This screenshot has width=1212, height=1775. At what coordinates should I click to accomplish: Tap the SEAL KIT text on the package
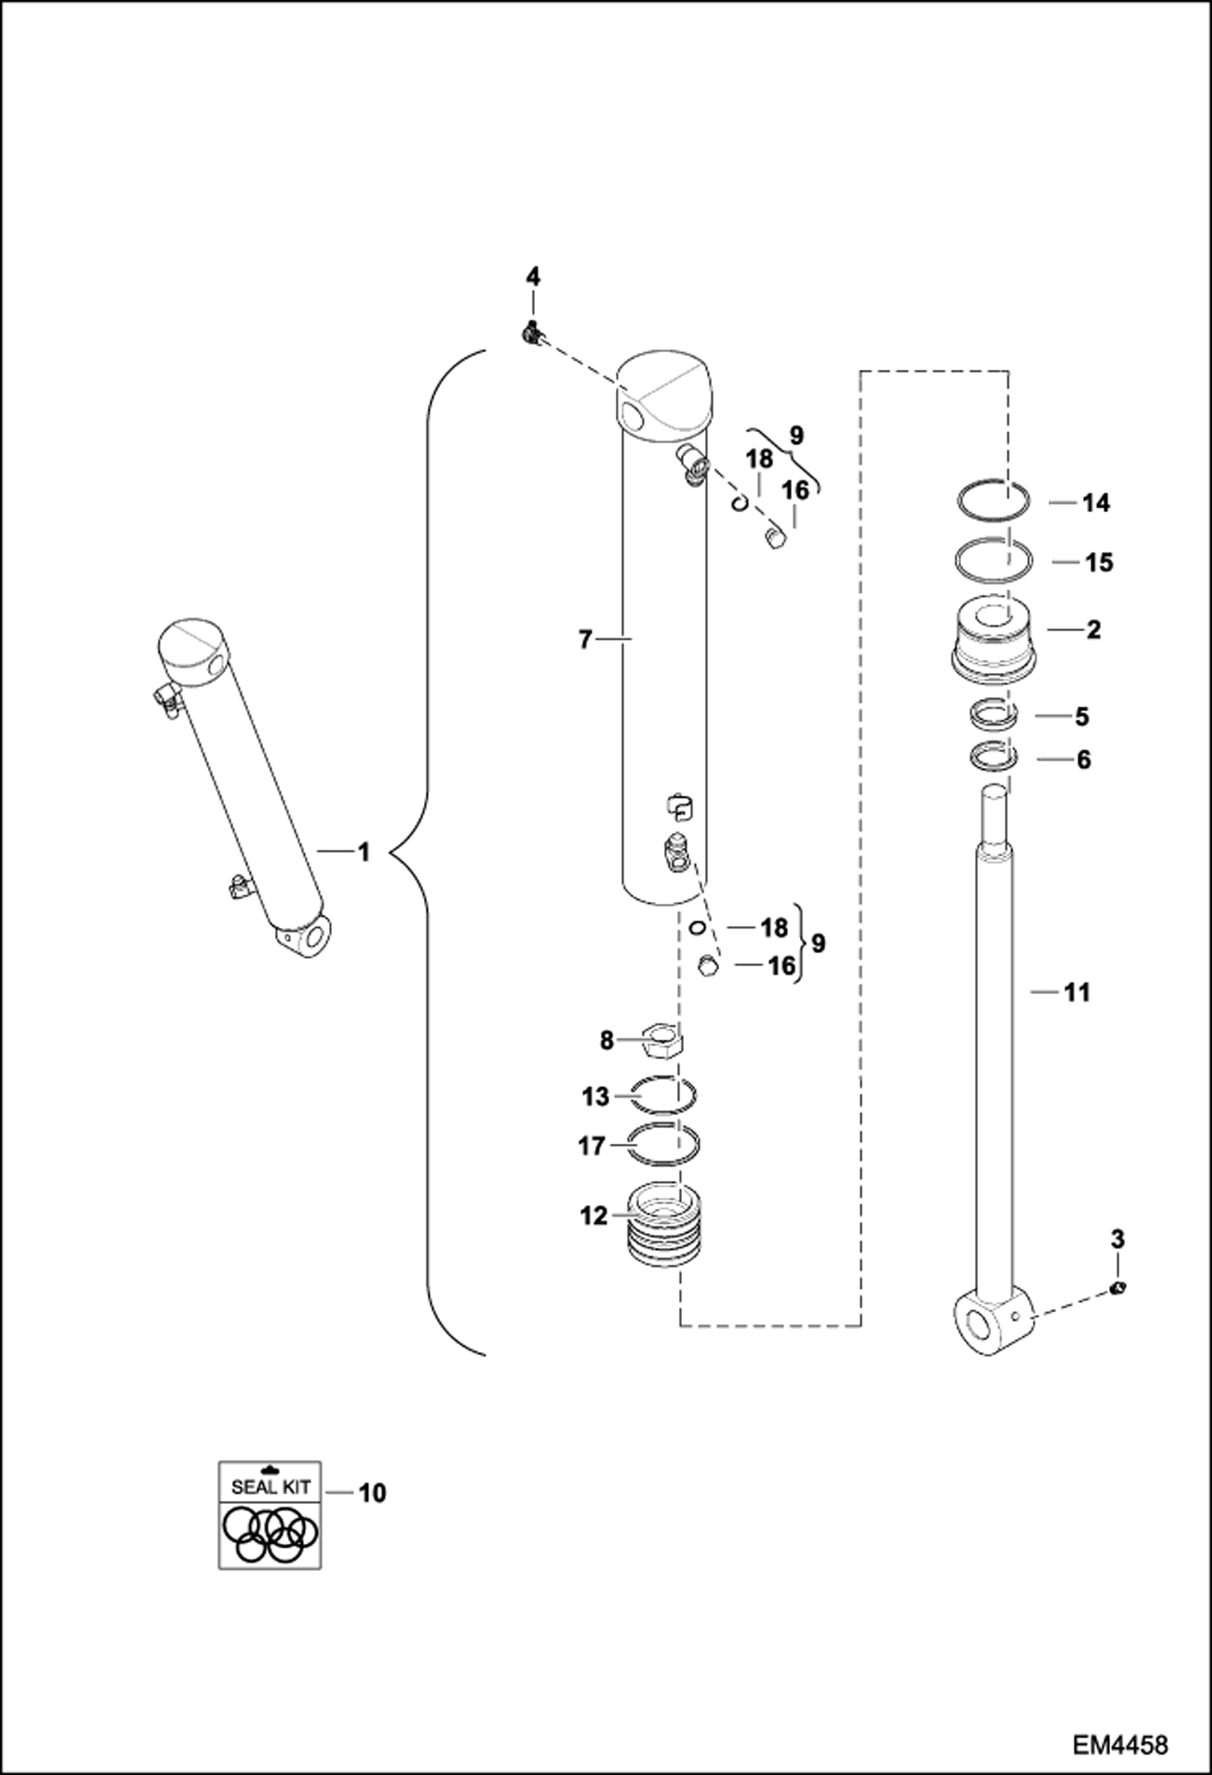click(x=269, y=1486)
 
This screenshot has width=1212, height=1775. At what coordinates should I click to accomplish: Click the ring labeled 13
click(x=663, y=1096)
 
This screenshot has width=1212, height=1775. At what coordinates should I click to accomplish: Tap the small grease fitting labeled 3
click(x=1119, y=1288)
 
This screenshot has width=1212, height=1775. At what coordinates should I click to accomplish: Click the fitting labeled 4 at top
click(x=532, y=331)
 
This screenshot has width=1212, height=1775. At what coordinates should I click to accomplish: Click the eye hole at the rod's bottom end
click(x=981, y=1328)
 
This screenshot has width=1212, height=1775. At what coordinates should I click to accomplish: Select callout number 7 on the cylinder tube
click(x=587, y=640)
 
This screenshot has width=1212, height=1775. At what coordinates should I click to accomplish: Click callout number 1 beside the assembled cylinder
click(x=364, y=852)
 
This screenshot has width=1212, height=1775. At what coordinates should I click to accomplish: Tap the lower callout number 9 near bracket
click(x=818, y=943)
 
